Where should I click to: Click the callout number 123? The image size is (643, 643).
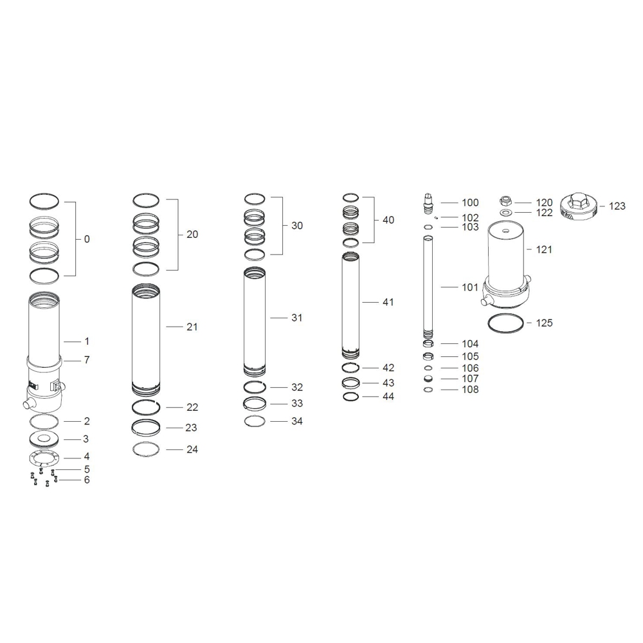click(617, 206)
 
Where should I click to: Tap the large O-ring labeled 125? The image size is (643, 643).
click(505, 323)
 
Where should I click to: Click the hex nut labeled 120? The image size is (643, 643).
click(505, 201)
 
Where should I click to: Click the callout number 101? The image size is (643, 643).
click(470, 287)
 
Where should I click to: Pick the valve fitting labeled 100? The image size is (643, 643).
click(428, 203)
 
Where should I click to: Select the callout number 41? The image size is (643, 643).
click(388, 302)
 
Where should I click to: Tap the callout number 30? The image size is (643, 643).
click(297, 226)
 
